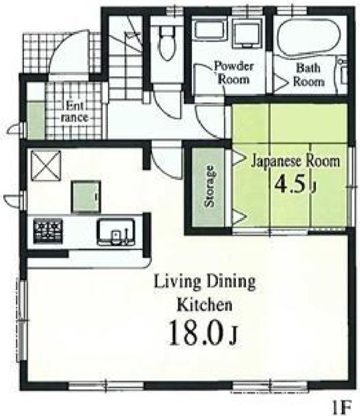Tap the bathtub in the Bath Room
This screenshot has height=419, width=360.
(x=309, y=37)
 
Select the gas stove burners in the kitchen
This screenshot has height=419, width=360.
(x=48, y=231)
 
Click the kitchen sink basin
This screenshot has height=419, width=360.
(x=115, y=232)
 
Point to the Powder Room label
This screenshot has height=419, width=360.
(x=234, y=73)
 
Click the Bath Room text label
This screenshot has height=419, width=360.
(x=309, y=75)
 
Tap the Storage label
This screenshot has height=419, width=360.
(x=209, y=186)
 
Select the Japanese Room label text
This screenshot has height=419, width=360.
(x=295, y=161)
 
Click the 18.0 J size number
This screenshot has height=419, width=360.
(x=203, y=333)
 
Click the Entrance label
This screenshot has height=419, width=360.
(x=75, y=111)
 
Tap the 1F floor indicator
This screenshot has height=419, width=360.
(x=342, y=407)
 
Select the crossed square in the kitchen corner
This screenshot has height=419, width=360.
(x=46, y=166)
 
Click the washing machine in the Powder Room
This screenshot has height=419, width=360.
(x=247, y=35)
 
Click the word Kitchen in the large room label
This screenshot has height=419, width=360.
(x=205, y=305)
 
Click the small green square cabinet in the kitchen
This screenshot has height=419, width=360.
(x=86, y=197)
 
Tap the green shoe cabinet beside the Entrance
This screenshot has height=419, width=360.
(x=36, y=119)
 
